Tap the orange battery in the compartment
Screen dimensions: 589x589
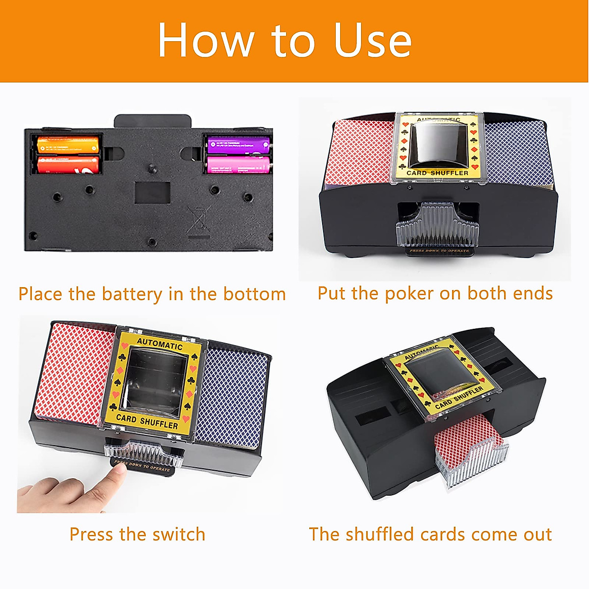[68, 145]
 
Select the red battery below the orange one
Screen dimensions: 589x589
[68, 165]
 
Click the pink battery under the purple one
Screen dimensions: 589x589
[238, 165]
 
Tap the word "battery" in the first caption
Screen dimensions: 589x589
[132, 294]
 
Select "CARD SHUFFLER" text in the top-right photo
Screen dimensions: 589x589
[437, 173]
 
